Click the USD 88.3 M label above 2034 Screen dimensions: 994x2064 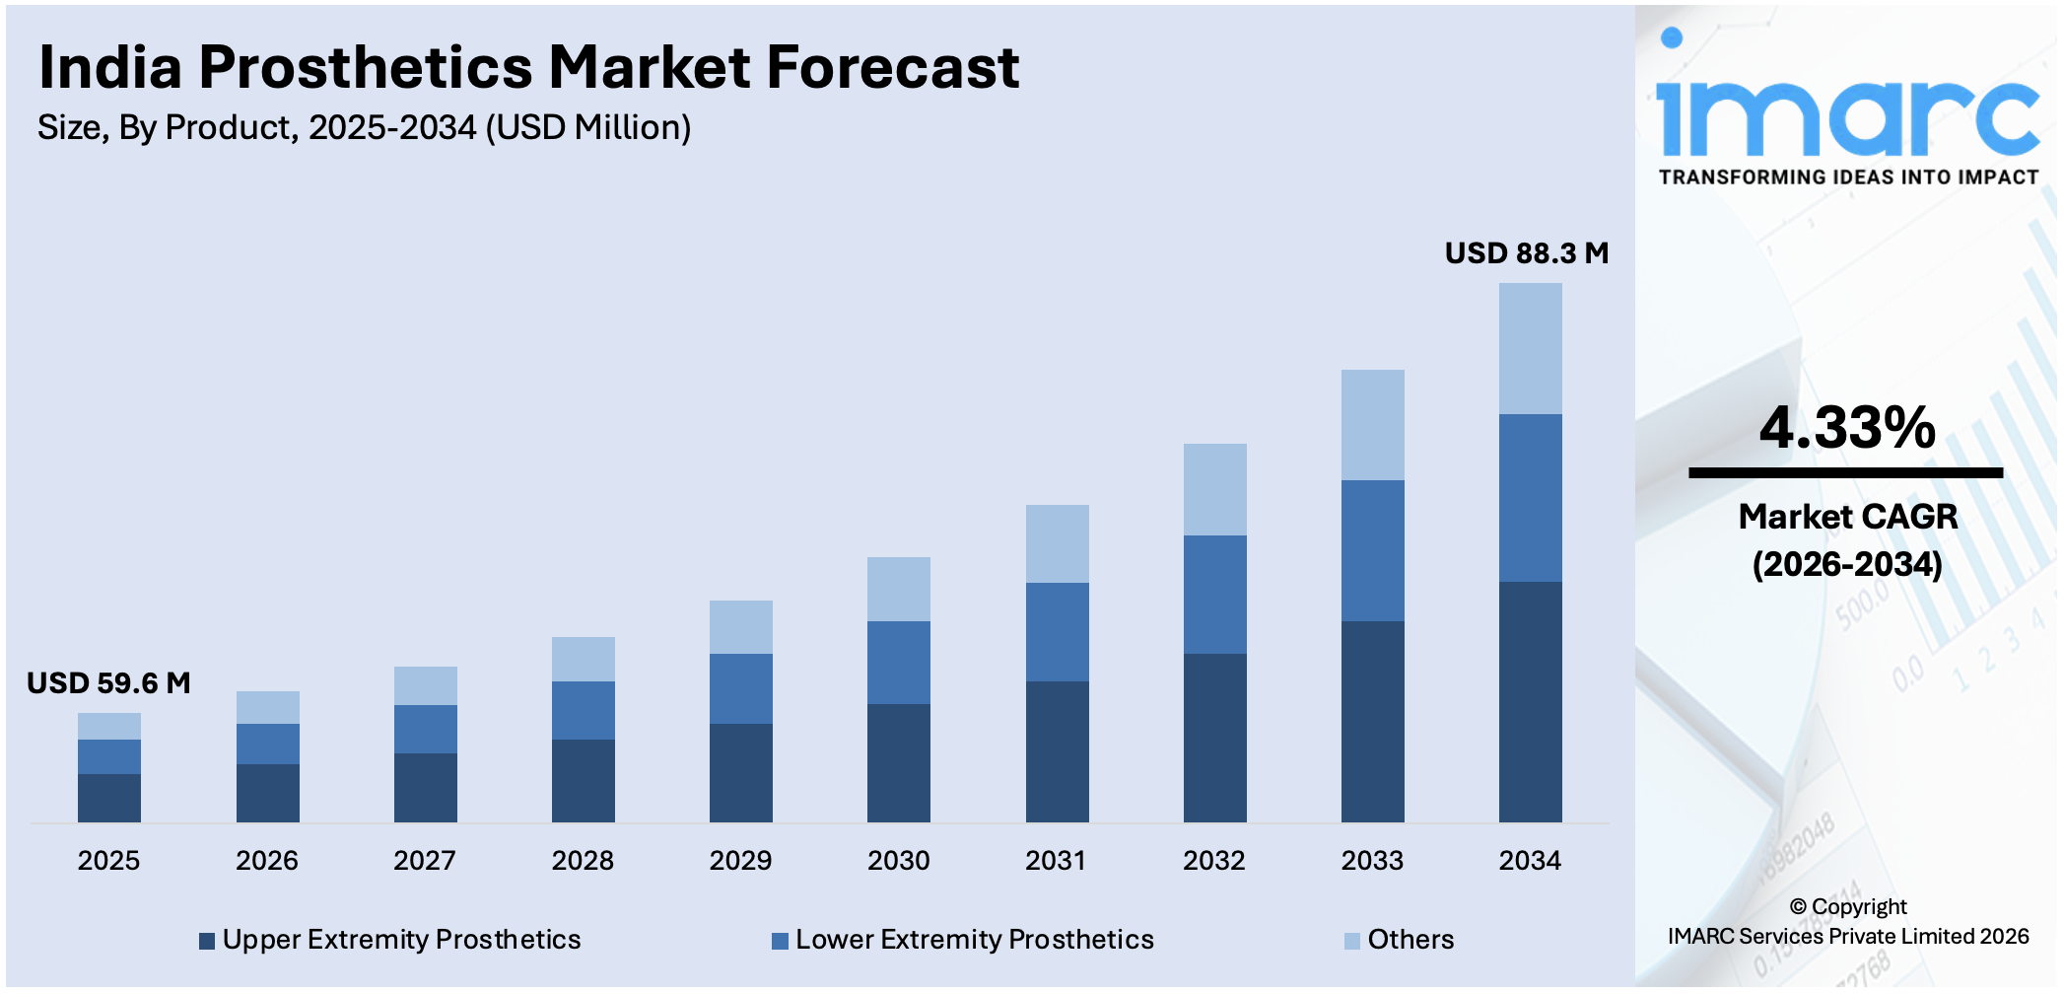point(1526,253)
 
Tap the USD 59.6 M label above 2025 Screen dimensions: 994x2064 point(108,683)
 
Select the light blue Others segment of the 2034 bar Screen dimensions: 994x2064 point(1530,348)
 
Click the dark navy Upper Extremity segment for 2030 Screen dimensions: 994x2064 point(898,762)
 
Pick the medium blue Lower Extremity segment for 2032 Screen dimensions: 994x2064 point(1214,594)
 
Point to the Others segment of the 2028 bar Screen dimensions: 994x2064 point(583,659)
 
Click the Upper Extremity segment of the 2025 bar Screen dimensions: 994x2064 point(108,798)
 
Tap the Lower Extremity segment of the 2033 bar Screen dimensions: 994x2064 point(1372,550)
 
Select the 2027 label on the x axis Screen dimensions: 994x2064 point(424,861)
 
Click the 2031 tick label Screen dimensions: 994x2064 point(1056,861)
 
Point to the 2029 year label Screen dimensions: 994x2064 point(740,861)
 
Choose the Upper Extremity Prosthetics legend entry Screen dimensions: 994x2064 point(390,940)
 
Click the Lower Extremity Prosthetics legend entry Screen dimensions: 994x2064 point(963,940)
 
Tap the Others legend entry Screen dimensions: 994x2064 point(1400,940)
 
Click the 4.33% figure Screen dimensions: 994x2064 point(1847,428)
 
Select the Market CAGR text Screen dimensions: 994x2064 point(1847,517)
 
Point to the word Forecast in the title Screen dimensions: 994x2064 point(892,68)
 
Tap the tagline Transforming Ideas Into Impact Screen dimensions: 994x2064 point(1848,177)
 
